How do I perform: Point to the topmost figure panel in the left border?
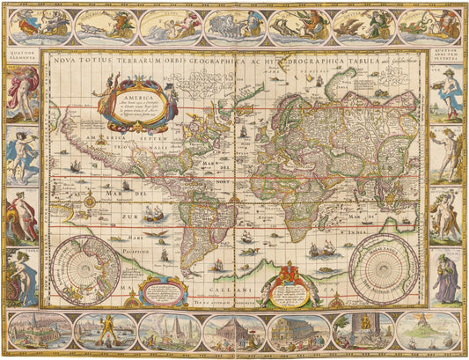pyautogui.click(x=21, y=92)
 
